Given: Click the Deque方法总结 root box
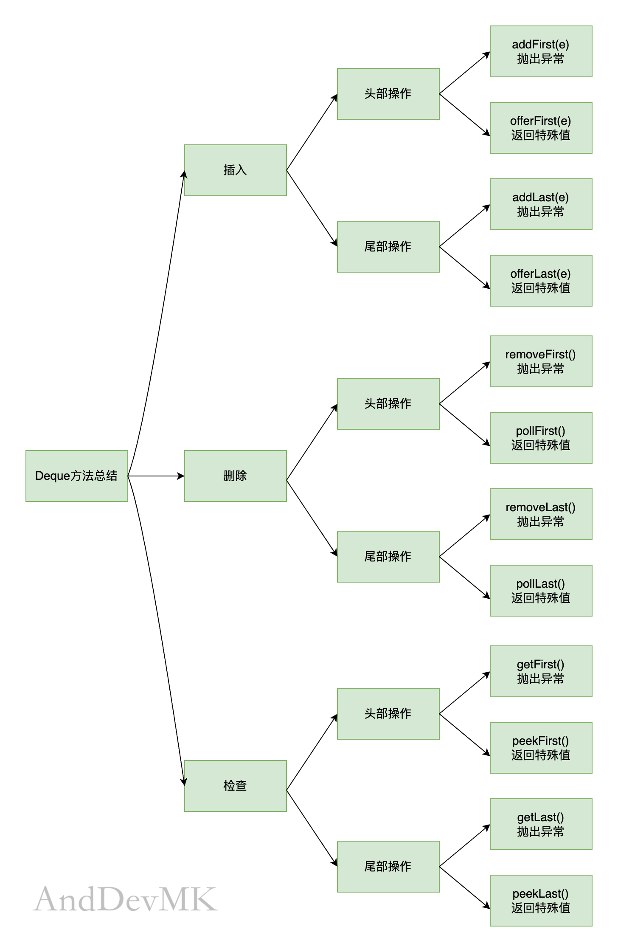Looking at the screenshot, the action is (x=77, y=476).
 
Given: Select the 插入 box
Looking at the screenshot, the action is (x=236, y=170).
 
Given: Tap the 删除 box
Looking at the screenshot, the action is (x=236, y=476).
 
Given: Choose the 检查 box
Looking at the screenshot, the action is (x=236, y=786).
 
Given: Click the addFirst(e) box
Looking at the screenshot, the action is (x=541, y=51).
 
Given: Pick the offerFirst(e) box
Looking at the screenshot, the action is (x=541, y=128).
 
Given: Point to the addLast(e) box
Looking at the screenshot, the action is (x=541, y=204).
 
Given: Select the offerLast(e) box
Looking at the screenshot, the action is (x=541, y=281).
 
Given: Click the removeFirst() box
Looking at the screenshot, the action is (x=541, y=361).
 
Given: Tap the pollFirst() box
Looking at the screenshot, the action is (x=541, y=438).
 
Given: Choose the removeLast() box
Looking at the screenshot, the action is (x=541, y=514).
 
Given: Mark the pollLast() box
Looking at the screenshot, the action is (x=541, y=591).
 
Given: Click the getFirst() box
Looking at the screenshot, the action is (x=541, y=671).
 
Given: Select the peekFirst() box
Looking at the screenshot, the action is (x=541, y=748).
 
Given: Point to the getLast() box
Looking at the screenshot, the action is (x=541, y=824).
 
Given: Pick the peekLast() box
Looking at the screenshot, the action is (x=541, y=901).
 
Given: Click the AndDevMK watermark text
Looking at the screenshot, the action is (x=125, y=899).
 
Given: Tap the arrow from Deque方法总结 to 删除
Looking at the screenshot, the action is (x=156, y=476).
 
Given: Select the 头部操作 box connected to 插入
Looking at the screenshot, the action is (x=388, y=94).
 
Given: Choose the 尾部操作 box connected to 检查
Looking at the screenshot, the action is (x=388, y=867).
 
